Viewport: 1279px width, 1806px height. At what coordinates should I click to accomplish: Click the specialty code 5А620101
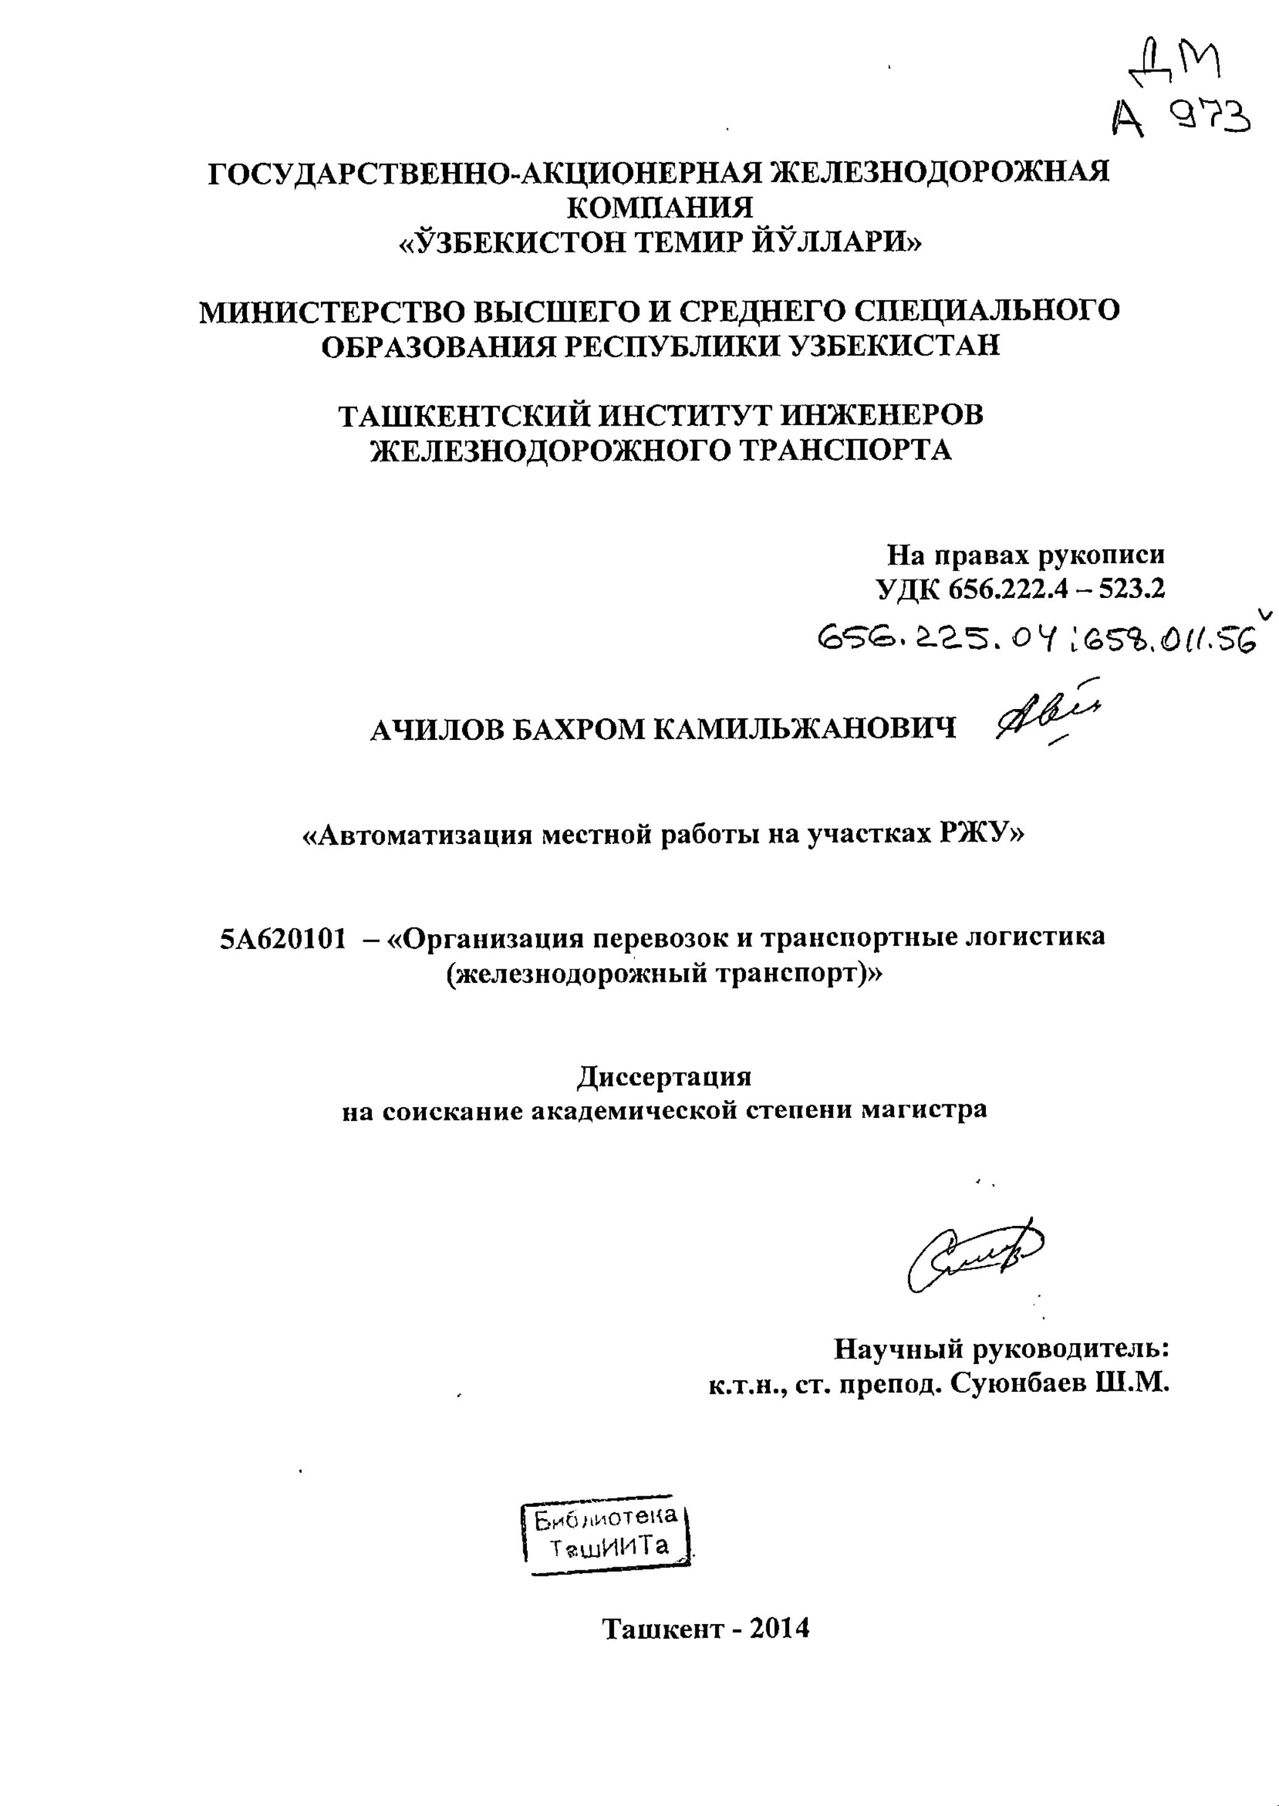(283, 938)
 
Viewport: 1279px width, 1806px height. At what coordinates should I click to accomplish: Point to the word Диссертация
(664, 1077)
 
